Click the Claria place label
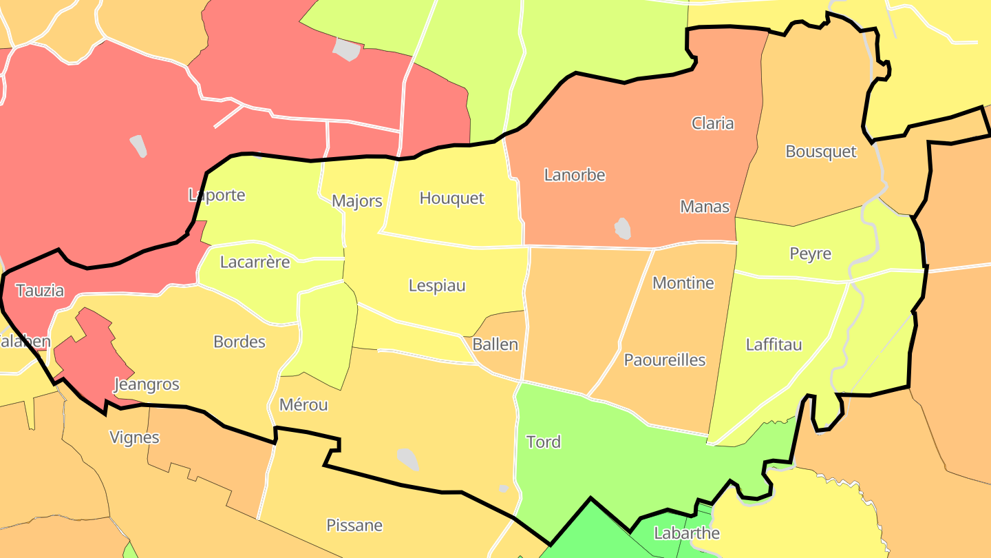click(712, 123)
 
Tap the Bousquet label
click(821, 152)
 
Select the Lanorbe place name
click(575, 175)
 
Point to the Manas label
click(704, 206)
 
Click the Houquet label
click(451, 198)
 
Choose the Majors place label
click(356, 201)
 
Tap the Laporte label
click(217, 195)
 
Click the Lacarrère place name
click(255, 262)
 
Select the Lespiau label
click(437, 285)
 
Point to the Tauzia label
click(39, 291)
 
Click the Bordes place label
click(239, 342)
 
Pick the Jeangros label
click(147, 384)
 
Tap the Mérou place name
click(303, 405)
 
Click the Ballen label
click(495, 344)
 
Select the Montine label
click(683, 283)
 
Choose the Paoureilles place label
click(664, 360)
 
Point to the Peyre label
click(810, 254)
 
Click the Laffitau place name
click(774, 344)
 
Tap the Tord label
click(543, 442)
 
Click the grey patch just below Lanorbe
click(622, 228)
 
